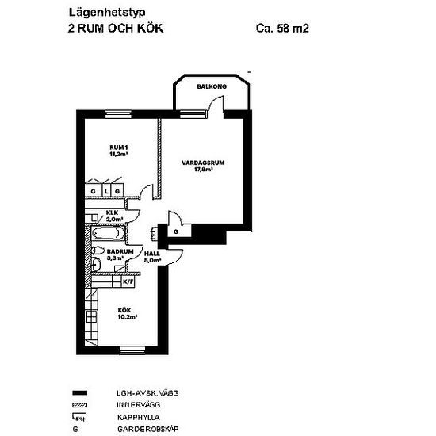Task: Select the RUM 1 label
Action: coord(118,147)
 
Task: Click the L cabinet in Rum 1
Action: coord(105,192)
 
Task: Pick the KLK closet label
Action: coord(113,213)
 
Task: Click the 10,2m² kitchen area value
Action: coord(128,316)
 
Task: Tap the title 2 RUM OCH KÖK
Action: coord(117,29)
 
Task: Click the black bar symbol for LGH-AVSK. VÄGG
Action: coord(78,393)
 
